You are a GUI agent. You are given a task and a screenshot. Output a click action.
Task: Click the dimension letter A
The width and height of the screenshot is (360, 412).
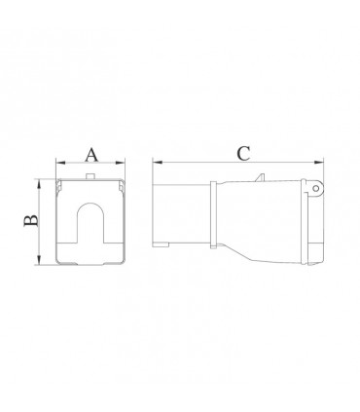pyautogui.click(x=91, y=155)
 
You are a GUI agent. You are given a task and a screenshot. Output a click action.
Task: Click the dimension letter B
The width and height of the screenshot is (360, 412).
pyautogui.click(x=31, y=221)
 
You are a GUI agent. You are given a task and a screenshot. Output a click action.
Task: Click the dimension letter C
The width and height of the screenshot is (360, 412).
pyautogui.click(x=243, y=154)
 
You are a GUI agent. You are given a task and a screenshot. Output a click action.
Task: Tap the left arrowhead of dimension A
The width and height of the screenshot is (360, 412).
pyautogui.click(x=60, y=163)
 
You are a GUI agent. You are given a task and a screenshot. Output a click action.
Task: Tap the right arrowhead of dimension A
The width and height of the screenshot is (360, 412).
pyautogui.click(x=121, y=163)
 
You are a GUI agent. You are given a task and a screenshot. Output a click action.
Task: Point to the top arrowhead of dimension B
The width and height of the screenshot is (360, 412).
pyautogui.click(x=39, y=184)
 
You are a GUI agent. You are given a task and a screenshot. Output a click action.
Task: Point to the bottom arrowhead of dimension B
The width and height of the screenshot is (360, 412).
pyautogui.click(x=39, y=260)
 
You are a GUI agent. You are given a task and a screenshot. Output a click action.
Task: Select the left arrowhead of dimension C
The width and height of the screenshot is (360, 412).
pyautogui.click(x=158, y=162)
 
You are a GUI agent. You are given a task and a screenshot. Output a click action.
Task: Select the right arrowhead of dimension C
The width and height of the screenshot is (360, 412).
pyautogui.click(x=319, y=162)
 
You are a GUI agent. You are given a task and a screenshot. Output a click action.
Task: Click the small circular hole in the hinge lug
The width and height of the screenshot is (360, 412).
pyautogui.click(x=315, y=189)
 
